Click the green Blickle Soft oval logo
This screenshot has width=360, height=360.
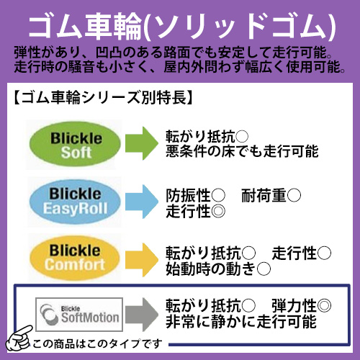(x=75, y=144)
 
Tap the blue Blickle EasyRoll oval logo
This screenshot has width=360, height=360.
(x=75, y=202)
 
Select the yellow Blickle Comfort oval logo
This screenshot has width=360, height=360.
(x=75, y=258)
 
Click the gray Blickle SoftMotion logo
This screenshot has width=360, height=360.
(x=79, y=315)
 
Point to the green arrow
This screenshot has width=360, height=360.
(x=142, y=143)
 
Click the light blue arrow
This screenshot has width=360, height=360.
(x=142, y=202)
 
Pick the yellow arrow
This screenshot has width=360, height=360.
(x=142, y=260)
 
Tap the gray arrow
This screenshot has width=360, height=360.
(x=142, y=315)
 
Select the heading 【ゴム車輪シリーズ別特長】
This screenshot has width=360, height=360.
(x=103, y=98)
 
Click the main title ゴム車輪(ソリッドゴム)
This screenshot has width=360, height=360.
(x=181, y=27)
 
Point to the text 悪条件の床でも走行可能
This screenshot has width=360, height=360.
(x=242, y=151)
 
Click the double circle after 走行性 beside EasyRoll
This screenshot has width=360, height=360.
(x=219, y=212)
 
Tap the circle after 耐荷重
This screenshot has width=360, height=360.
(x=294, y=195)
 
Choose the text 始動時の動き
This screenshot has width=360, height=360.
(x=210, y=269)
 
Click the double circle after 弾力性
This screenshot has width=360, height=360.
(x=324, y=305)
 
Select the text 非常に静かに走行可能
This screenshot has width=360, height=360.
(x=240, y=322)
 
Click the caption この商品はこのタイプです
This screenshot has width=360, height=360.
(x=97, y=344)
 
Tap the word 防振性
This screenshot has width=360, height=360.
(x=188, y=195)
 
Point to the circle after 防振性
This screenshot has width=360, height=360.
(x=219, y=195)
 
